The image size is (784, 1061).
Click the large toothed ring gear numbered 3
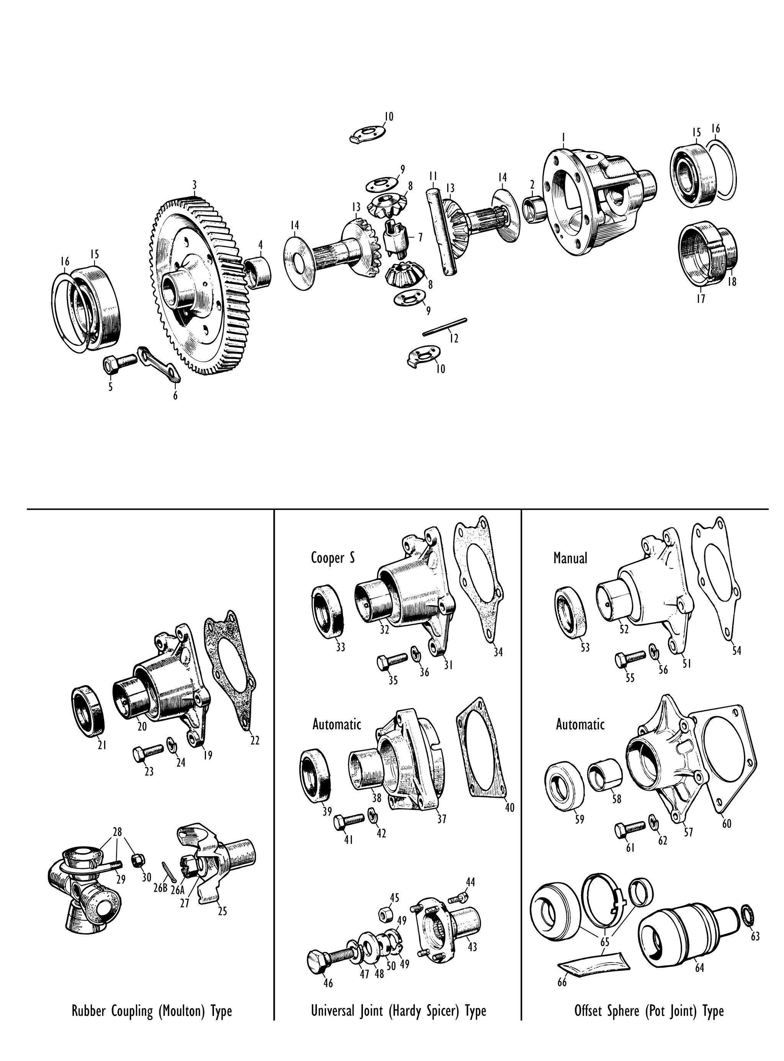click(x=199, y=285)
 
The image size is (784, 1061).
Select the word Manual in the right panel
click(x=570, y=558)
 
